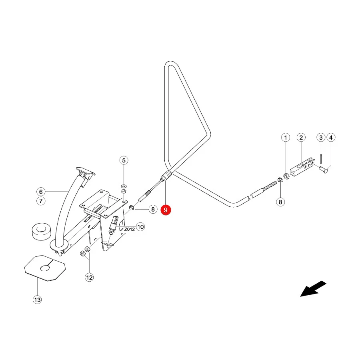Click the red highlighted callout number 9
pyautogui.click(x=166, y=210)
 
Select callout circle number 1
pyautogui.click(x=286, y=138)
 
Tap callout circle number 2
pyautogui.click(x=301, y=138)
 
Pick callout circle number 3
pyautogui.click(x=321, y=138)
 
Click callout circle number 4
pyautogui.click(x=331, y=138)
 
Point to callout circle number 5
pyautogui.click(x=124, y=160)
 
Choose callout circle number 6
pyautogui.click(x=41, y=192)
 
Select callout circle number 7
pyautogui.click(x=41, y=201)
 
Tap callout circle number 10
pyautogui.click(x=140, y=227)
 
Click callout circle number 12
pyautogui.click(x=89, y=277)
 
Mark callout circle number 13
pyautogui.click(x=37, y=300)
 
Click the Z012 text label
pyautogui.click(x=130, y=229)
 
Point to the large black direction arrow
pyautogui.click(x=313, y=288)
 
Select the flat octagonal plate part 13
pyautogui.click(x=45, y=268)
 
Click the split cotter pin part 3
pyautogui.click(x=321, y=159)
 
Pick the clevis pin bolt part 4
pyautogui.click(x=323, y=170)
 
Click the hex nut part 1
pyautogui.click(x=286, y=176)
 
